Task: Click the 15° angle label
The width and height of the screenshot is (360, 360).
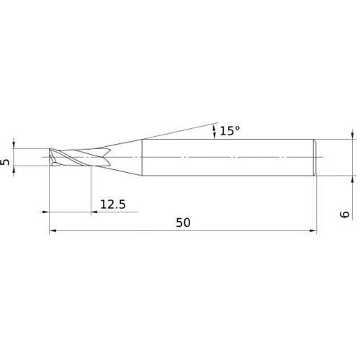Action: [230, 131]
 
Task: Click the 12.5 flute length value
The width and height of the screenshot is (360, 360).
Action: [113, 204]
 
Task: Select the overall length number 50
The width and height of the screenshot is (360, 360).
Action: [184, 222]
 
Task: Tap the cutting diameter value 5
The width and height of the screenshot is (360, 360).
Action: [5, 162]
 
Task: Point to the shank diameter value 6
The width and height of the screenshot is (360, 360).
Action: [345, 214]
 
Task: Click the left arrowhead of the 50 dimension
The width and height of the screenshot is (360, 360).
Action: [53, 230]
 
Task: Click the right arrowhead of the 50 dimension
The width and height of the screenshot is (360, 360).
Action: [313, 230]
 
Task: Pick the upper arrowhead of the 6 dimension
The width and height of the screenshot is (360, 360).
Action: [352, 135]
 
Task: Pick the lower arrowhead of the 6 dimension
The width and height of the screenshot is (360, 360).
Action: [352, 179]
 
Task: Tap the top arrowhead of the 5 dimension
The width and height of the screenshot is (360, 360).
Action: [14, 145]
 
